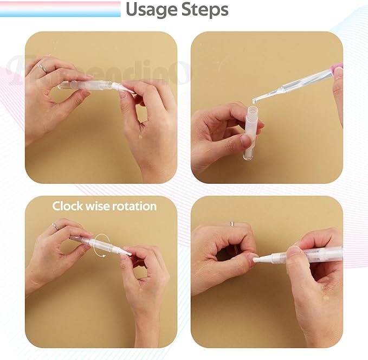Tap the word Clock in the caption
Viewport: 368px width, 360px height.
click(67, 206)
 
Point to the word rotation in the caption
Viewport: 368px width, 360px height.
click(134, 206)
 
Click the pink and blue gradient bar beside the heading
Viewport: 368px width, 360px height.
click(60, 9)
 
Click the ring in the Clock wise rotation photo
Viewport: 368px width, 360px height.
click(55, 226)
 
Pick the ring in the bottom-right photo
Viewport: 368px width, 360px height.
click(231, 223)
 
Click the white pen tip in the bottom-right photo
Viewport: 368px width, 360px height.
click(259, 259)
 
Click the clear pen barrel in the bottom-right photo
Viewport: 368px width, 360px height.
click(322, 254)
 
